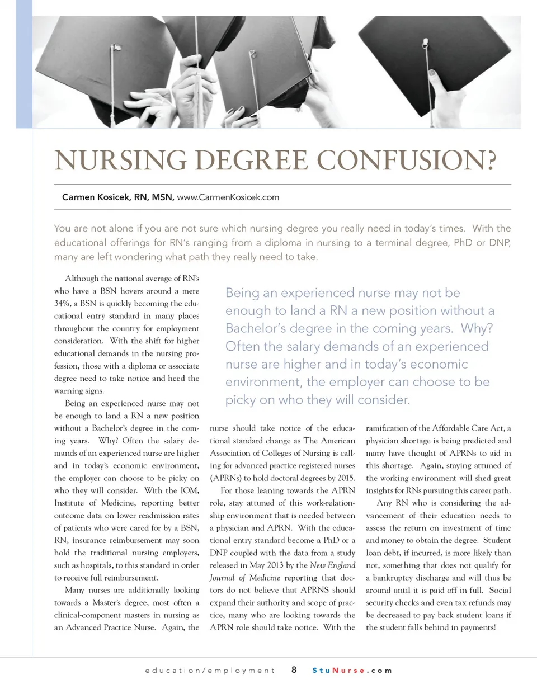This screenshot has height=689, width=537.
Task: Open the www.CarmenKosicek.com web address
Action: pos(228,197)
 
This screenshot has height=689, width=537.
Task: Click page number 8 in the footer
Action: pos(294,670)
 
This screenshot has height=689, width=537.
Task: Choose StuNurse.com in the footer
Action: pos(352,670)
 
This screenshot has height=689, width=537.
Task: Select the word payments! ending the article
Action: pos(475,627)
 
